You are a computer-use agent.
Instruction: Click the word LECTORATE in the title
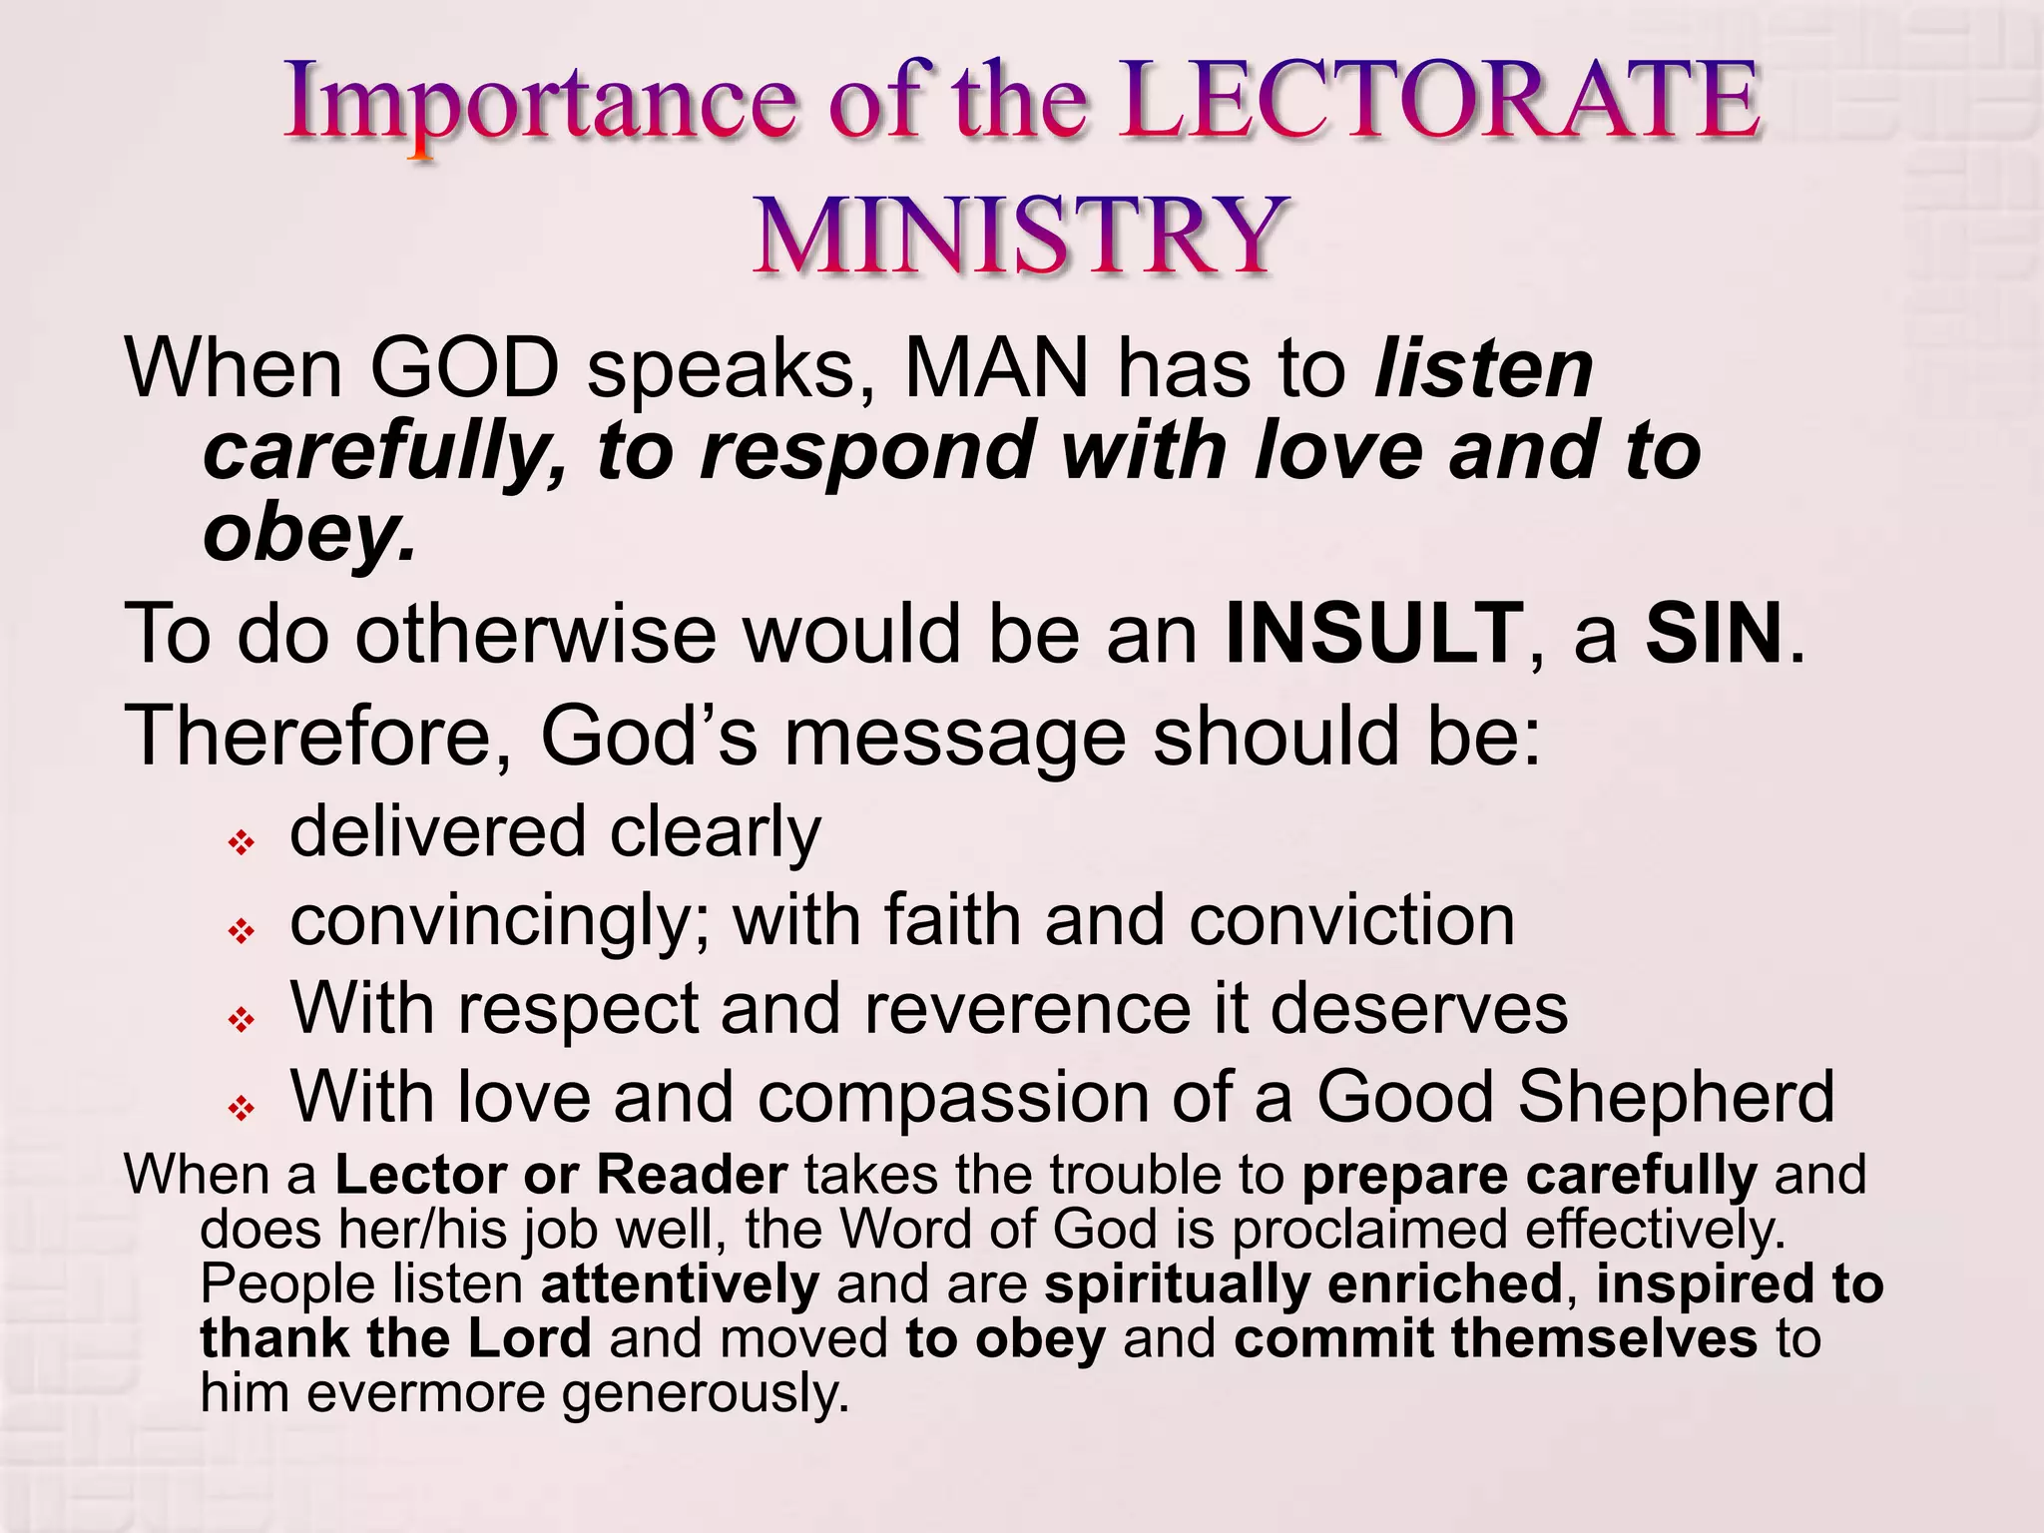pyautogui.click(x=1438, y=102)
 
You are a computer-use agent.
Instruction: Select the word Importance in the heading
pyautogui.click(x=540, y=104)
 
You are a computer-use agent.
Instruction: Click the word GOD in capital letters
pyautogui.click(x=465, y=369)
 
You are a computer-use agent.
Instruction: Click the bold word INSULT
pyautogui.click(x=1373, y=634)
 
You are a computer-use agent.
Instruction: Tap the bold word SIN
pyautogui.click(x=1714, y=634)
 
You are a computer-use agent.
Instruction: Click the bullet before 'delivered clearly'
pyautogui.click(x=242, y=844)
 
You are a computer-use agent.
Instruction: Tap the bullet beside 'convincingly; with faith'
pyautogui.click(x=242, y=932)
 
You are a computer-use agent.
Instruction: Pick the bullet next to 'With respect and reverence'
pyautogui.click(x=242, y=1020)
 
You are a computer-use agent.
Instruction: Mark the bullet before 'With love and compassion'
pyautogui.click(x=242, y=1108)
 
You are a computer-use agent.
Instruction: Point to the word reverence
pyautogui.click(x=1027, y=1009)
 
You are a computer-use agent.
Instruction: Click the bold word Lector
pyautogui.click(x=420, y=1175)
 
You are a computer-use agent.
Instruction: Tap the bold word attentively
pyautogui.click(x=680, y=1284)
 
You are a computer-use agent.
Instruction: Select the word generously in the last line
pyautogui.click(x=705, y=1394)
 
